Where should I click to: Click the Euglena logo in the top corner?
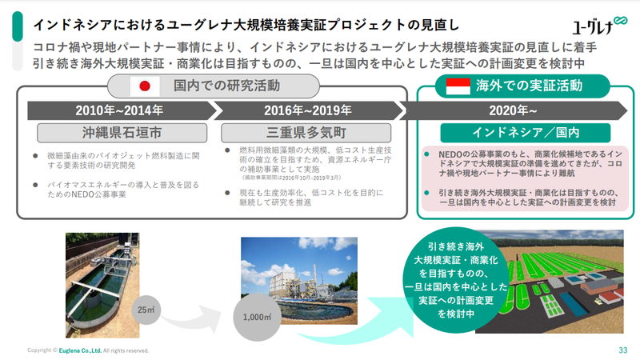pos(594,26)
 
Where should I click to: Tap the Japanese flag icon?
pos(146,85)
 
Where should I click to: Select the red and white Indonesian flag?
pos(458,84)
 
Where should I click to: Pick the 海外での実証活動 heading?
pos(529,84)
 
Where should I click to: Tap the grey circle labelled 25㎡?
pos(146,309)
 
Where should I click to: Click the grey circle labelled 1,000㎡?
pos(254,316)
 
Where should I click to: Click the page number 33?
pos(622,350)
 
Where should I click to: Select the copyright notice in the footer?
pos(88,350)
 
